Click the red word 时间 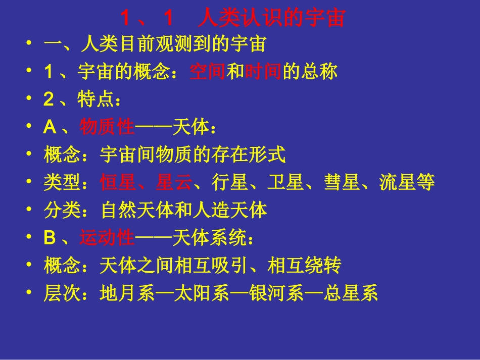(263, 72)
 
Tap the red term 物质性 (107, 127)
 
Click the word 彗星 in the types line (342, 182)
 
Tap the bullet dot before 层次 (31, 293)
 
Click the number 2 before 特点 (49, 100)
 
